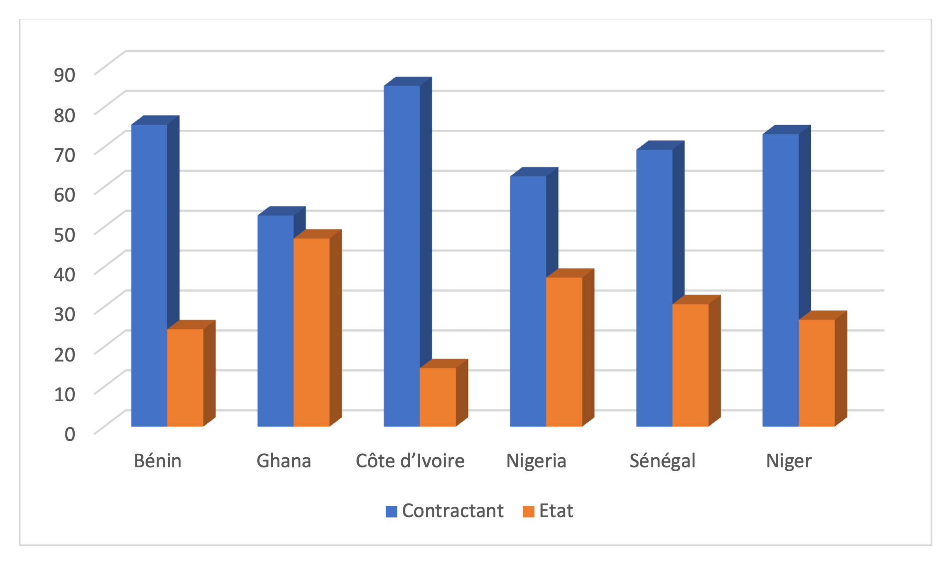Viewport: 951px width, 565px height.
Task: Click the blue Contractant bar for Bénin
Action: pos(149,275)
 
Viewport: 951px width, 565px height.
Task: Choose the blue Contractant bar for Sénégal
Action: pos(654,288)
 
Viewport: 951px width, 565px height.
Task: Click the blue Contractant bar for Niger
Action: pos(781,280)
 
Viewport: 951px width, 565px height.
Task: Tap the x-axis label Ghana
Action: pos(284,461)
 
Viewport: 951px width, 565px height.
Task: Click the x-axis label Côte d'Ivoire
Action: pos(410,461)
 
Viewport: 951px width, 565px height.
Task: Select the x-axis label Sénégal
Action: pos(662,461)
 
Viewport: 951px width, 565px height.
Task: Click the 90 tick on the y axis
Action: pos(65,74)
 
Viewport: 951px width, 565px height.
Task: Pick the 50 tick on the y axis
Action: pos(65,234)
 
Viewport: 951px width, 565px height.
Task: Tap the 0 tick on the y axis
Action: pos(70,434)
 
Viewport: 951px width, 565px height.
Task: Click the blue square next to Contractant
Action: pos(391,511)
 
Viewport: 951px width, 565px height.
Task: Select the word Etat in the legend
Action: pos(556,511)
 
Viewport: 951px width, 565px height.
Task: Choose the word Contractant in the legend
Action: pos(453,511)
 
